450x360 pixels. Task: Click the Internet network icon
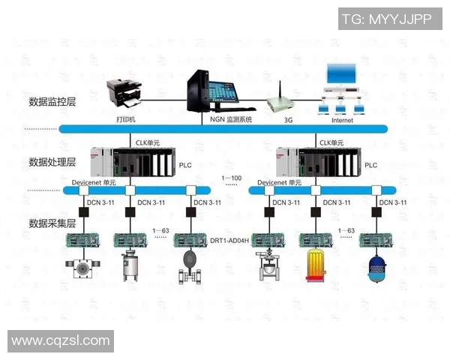342,90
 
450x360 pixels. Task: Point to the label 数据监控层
52,101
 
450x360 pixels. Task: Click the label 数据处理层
52,161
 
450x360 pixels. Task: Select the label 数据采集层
52,223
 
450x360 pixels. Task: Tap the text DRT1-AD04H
229,241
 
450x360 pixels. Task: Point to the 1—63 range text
160,230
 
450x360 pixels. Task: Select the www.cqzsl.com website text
61,340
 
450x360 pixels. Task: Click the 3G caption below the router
288,120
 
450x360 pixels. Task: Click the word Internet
342,120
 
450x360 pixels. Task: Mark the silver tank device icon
132,267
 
